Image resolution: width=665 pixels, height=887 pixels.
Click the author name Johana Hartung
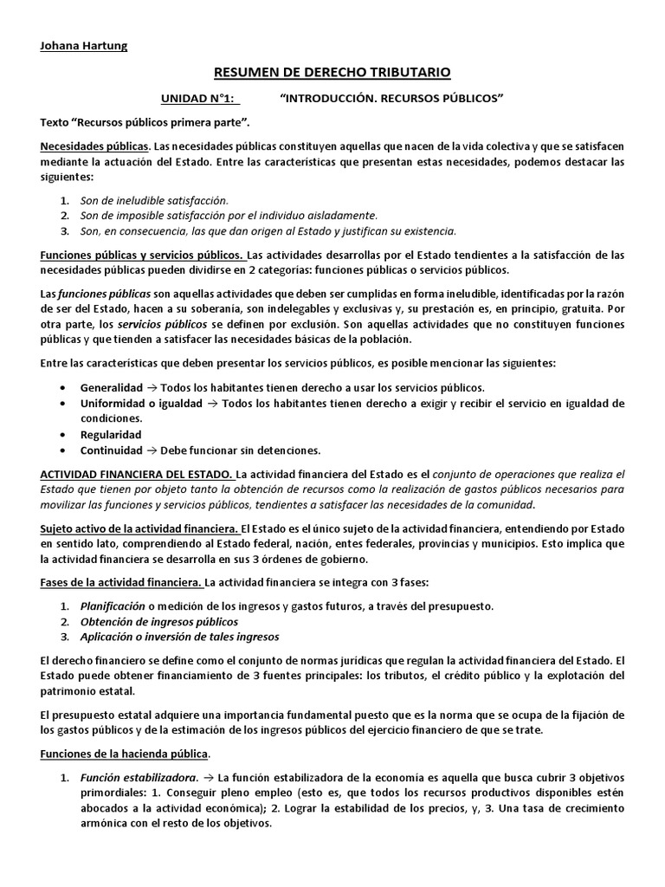tap(84, 46)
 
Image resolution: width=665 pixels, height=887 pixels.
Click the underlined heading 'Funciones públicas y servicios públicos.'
tap(142, 256)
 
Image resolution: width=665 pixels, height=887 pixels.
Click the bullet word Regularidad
tap(111, 434)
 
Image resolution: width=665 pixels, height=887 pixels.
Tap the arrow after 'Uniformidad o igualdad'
tap(211, 403)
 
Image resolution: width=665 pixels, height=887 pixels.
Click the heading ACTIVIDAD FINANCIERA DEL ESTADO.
tap(137, 474)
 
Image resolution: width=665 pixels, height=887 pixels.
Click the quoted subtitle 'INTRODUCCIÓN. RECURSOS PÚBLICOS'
tap(393, 99)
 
